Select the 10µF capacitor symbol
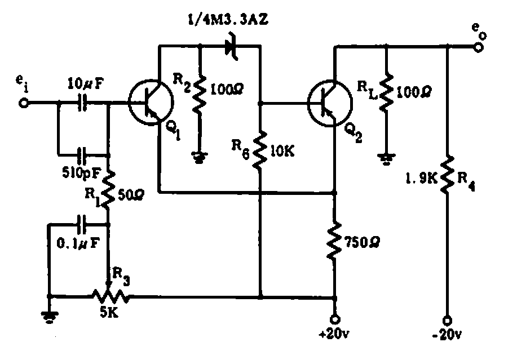83,104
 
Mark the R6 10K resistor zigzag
260,149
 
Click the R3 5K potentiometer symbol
108,295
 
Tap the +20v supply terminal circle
335,318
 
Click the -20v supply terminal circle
448,318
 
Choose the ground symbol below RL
385,159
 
